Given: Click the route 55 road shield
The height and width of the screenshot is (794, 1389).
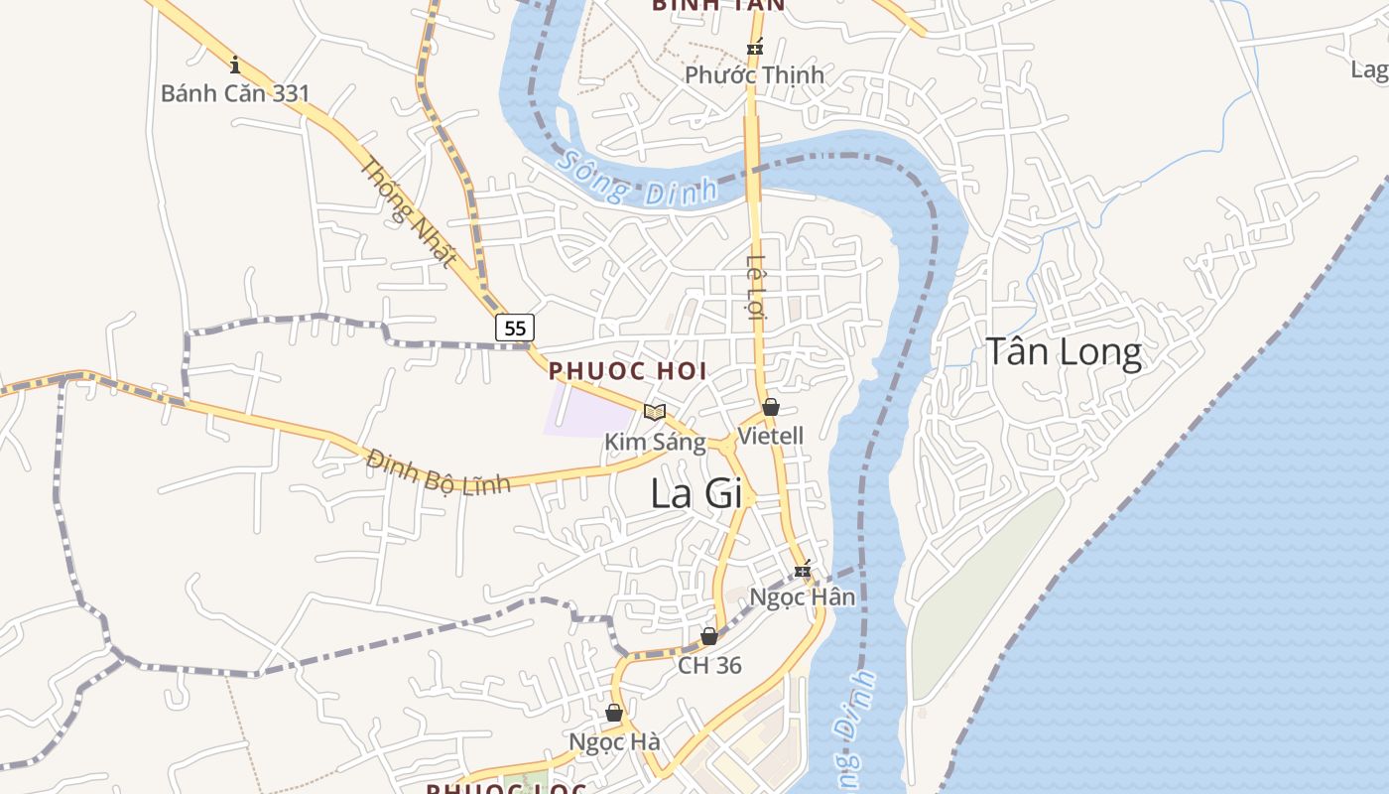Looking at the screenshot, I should tap(515, 328).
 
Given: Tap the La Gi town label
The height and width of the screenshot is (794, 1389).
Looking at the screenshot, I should tap(696, 493).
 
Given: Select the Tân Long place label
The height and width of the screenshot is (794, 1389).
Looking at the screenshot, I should tap(1063, 352).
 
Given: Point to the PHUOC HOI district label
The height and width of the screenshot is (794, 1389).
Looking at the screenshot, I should tap(627, 371).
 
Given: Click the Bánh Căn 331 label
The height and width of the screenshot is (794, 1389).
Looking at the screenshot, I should tap(235, 93).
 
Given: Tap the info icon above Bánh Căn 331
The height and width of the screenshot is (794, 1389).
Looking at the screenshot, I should tap(235, 66).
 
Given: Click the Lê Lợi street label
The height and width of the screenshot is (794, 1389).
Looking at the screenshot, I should tap(757, 288).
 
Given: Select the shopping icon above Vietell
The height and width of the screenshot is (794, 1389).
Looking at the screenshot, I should tap(771, 407).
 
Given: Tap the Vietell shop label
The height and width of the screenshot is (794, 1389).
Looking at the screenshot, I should tap(771, 436).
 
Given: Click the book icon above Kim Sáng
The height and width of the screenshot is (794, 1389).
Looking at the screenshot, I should tap(654, 412).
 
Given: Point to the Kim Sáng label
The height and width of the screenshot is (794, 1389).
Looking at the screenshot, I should tap(655, 442).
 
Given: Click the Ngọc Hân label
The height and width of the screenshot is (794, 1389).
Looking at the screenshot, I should tap(802, 597).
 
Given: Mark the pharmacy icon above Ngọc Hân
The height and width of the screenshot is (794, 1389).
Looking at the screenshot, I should tap(803, 570).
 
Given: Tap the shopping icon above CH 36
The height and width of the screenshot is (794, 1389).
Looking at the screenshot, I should tap(709, 635).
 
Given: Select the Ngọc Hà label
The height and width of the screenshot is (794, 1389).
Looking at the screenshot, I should tap(614, 742).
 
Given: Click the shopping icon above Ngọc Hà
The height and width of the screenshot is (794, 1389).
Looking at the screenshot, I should tap(614, 713).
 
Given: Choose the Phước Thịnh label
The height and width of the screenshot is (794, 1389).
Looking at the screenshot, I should tap(754, 74).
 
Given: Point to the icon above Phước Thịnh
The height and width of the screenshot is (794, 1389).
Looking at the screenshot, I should tap(755, 47).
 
